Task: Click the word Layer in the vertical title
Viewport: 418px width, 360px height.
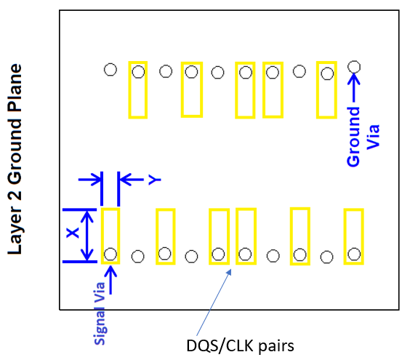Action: pyautogui.click(x=15, y=231)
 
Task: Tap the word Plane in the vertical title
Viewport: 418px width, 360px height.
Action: pyautogui.click(x=15, y=87)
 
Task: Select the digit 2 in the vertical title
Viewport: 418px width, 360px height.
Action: pyautogui.click(x=15, y=195)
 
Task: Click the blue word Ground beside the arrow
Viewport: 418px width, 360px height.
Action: pyautogui.click(x=353, y=137)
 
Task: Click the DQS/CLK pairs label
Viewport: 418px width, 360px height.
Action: pyautogui.click(x=240, y=346)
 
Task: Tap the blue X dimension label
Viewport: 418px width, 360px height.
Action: pyautogui.click(x=73, y=233)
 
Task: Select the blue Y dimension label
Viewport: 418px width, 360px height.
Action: pyautogui.click(x=155, y=180)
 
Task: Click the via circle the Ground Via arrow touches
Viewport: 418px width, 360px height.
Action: pyautogui.click(x=354, y=67)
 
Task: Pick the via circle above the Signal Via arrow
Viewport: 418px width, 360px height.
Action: pyautogui.click(x=110, y=254)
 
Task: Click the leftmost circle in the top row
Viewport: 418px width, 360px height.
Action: pyautogui.click(x=110, y=70)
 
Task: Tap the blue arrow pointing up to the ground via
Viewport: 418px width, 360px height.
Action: pyautogui.click(x=354, y=88)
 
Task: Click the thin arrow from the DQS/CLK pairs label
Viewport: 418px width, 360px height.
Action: pyautogui.click(x=214, y=303)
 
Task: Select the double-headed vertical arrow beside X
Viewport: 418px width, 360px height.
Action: pyautogui.click(x=87, y=236)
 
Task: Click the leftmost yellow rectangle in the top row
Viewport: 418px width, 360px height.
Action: pyautogui.click(x=138, y=90)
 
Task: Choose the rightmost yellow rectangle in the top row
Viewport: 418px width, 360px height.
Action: pyautogui.click(x=326, y=90)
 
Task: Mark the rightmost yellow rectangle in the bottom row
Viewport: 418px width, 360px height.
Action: pyautogui.click(x=354, y=236)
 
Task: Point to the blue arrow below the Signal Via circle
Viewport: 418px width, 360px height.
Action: pyautogui.click(x=110, y=280)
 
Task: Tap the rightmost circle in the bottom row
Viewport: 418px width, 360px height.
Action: pyautogui.click(x=354, y=254)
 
